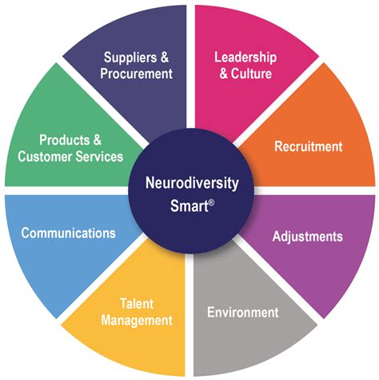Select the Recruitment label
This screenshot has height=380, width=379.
click(308, 146)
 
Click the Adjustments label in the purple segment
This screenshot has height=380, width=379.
click(307, 237)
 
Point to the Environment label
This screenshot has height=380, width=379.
click(242, 312)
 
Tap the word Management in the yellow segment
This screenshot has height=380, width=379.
click(137, 321)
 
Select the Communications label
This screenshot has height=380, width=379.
click(68, 234)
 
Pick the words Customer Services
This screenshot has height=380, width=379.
click(70, 157)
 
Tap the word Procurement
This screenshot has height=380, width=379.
click(138, 74)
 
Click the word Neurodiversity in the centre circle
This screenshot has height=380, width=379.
click(189, 182)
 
